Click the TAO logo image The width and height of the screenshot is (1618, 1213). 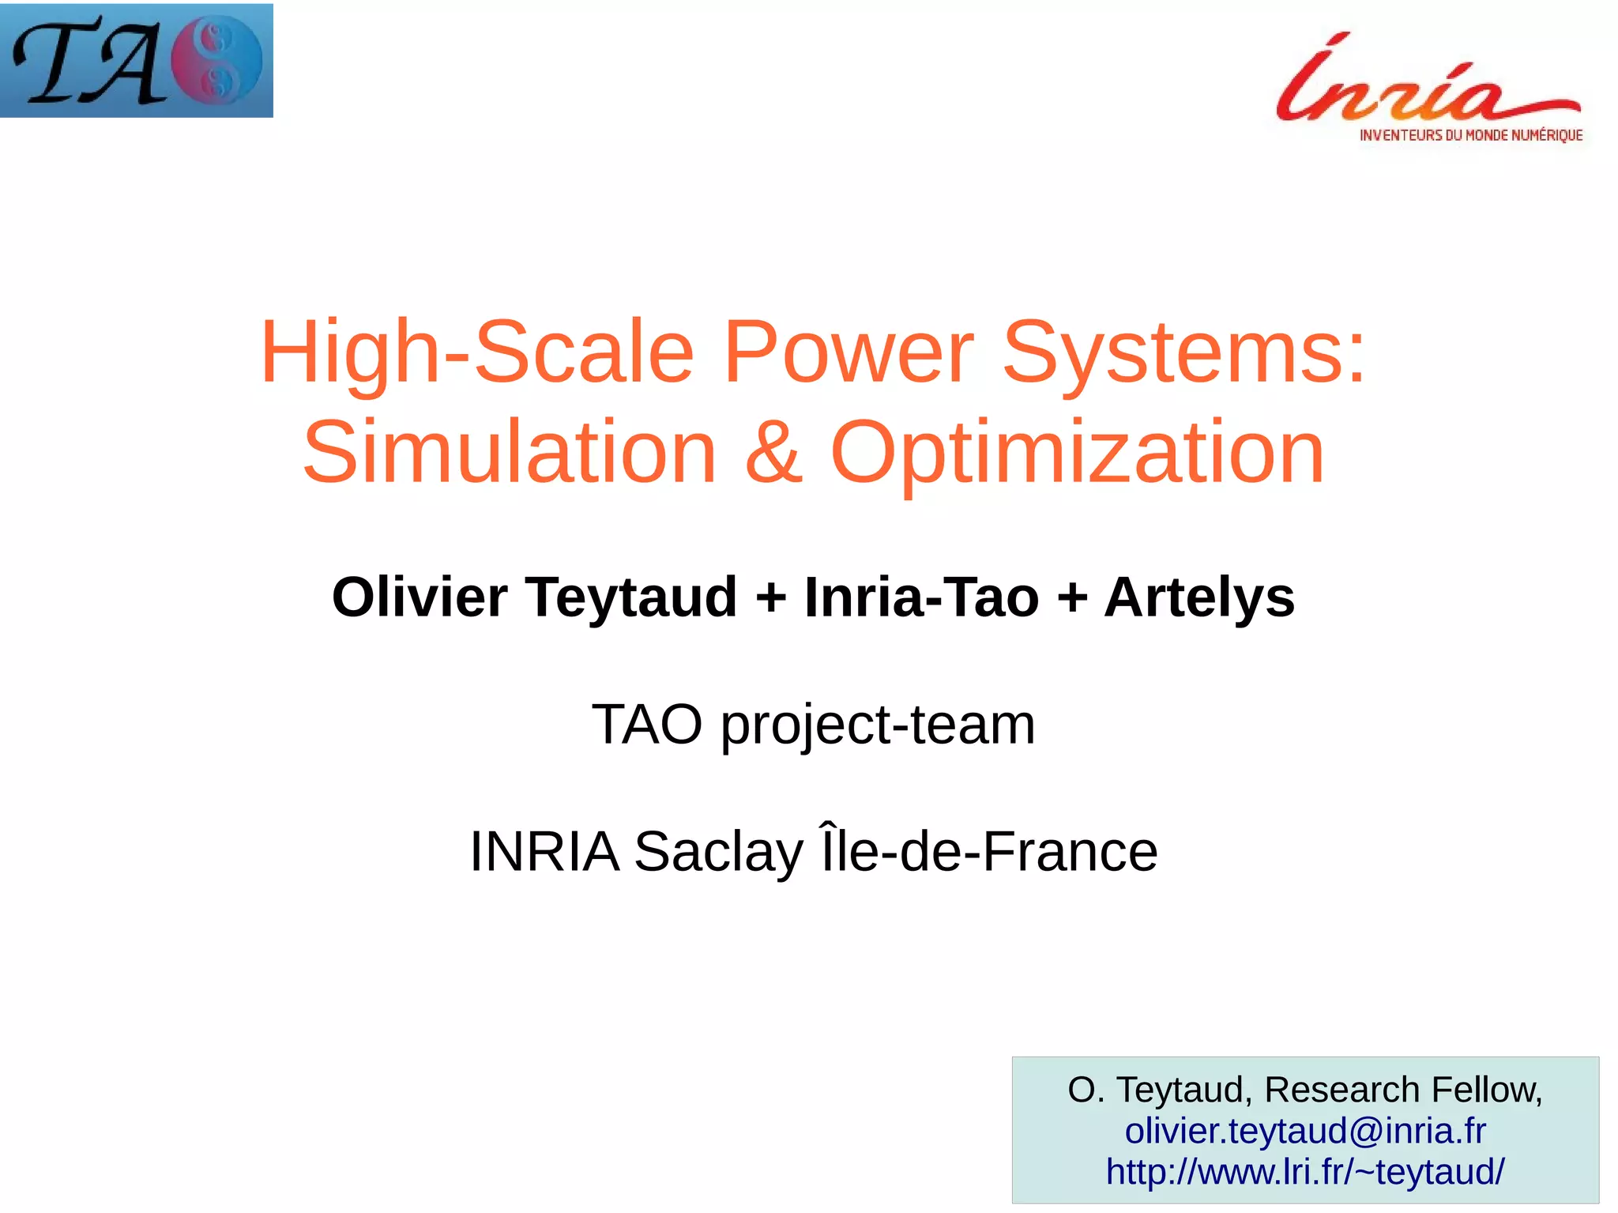point(136,61)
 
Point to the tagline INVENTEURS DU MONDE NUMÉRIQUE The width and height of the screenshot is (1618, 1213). point(1470,135)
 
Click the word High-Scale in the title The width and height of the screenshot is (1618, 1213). point(476,352)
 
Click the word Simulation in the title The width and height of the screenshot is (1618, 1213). point(510,452)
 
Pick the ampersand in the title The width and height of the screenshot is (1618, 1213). point(773,452)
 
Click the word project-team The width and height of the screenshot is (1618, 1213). point(877,725)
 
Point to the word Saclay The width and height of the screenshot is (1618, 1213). point(718,852)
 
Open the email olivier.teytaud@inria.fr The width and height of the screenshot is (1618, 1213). point(1304,1131)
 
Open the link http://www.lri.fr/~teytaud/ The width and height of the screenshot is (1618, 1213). point(1304,1171)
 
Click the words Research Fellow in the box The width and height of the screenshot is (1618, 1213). point(1402,1090)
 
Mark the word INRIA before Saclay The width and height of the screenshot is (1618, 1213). point(544,852)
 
